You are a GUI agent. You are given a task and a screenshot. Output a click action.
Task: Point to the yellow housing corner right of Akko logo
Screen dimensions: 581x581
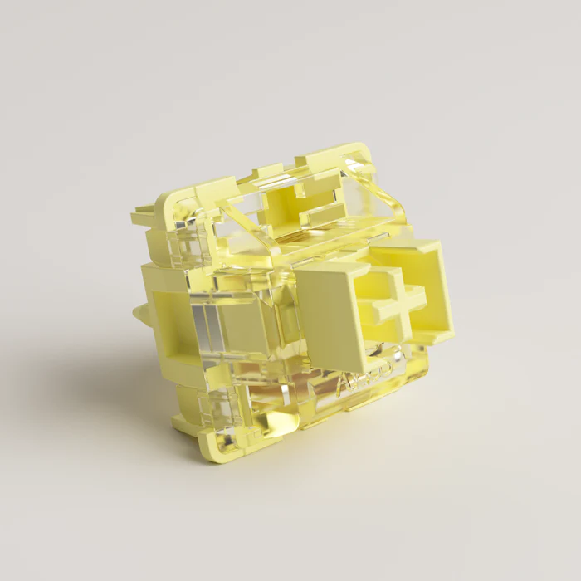coord(419,365)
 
